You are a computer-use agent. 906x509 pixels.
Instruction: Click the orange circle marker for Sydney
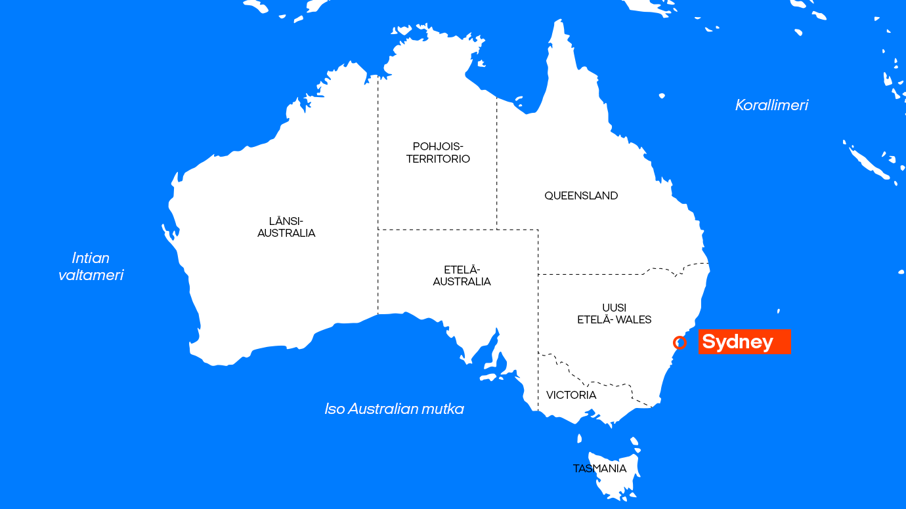click(x=679, y=342)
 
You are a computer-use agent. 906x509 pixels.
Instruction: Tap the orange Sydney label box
click(x=744, y=342)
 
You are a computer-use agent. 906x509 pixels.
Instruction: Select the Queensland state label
click(x=581, y=195)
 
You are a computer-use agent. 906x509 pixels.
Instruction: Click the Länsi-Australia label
click(x=286, y=227)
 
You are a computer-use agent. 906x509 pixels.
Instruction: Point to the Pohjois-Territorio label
click(x=438, y=152)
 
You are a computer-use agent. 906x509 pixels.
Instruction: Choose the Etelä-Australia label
click(x=462, y=275)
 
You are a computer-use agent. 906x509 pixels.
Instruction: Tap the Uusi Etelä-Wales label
click(x=614, y=314)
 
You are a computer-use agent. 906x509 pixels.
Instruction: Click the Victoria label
click(x=571, y=395)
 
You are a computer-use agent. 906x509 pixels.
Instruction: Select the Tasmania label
click(x=599, y=468)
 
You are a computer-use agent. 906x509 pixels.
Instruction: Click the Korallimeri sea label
click(x=771, y=105)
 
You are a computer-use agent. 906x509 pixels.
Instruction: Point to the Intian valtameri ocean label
click(x=91, y=266)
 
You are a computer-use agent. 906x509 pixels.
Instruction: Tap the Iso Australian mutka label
click(x=394, y=409)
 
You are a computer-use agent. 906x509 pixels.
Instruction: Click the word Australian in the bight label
click(x=381, y=409)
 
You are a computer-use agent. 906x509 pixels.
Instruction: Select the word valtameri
click(x=91, y=275)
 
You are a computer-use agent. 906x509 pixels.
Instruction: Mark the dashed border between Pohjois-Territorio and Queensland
click(x=496, y=164)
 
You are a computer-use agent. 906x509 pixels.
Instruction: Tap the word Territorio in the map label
click(x=438, y=159)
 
